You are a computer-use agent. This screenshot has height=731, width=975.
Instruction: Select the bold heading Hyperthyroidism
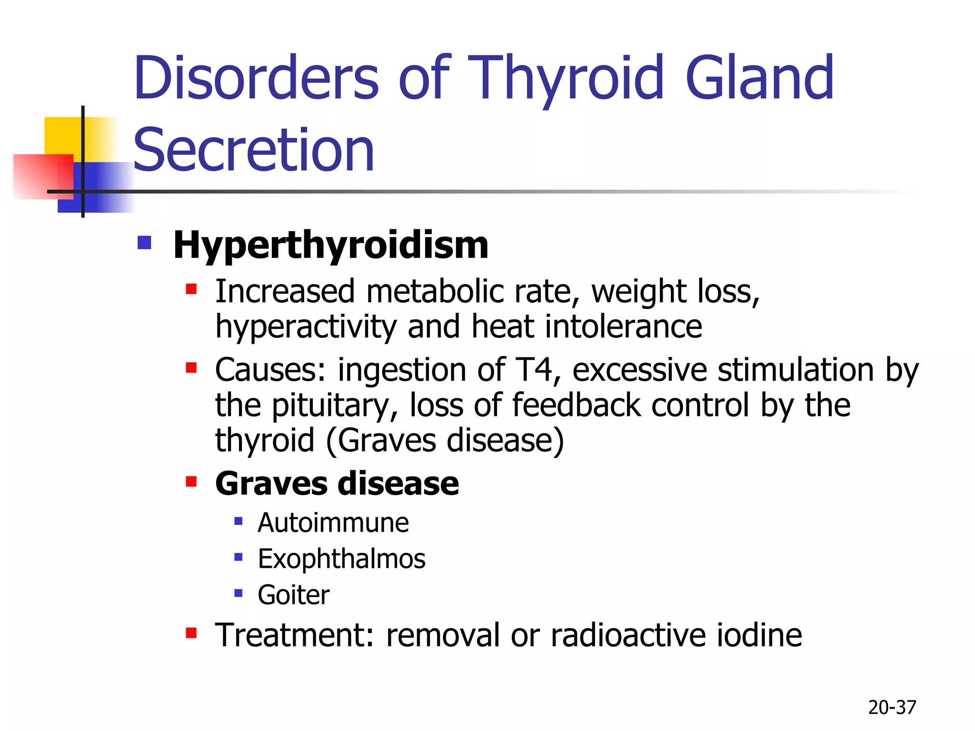[330, 245]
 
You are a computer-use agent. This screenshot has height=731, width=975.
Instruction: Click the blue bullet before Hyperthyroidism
[144, 243]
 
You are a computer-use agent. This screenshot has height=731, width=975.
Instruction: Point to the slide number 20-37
[892, 707]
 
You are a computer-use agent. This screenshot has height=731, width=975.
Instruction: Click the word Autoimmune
[333, 523]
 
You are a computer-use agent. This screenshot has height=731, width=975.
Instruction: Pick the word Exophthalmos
[341, 559]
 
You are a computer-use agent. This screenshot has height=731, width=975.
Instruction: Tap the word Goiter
[293, 595]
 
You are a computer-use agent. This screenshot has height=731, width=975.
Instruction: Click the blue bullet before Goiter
[239, 593]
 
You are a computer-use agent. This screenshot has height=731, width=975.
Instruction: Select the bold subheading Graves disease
[337, 484]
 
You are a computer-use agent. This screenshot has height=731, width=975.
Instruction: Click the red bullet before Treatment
[191, 633]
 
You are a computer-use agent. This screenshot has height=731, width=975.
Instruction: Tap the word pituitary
[330, 406]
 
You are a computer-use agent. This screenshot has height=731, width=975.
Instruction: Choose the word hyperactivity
[306, 327]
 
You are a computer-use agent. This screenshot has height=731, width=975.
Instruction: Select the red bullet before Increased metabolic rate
[191, 289]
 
